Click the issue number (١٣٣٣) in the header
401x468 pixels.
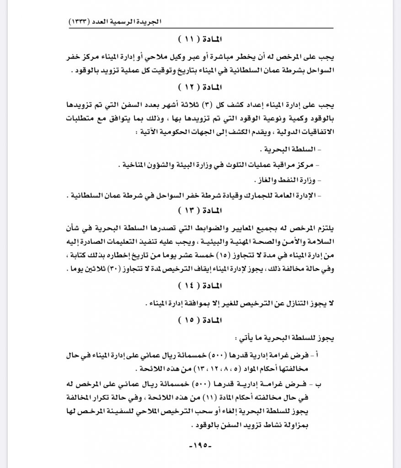(82, 21)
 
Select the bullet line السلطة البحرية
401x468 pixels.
(292, 150)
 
